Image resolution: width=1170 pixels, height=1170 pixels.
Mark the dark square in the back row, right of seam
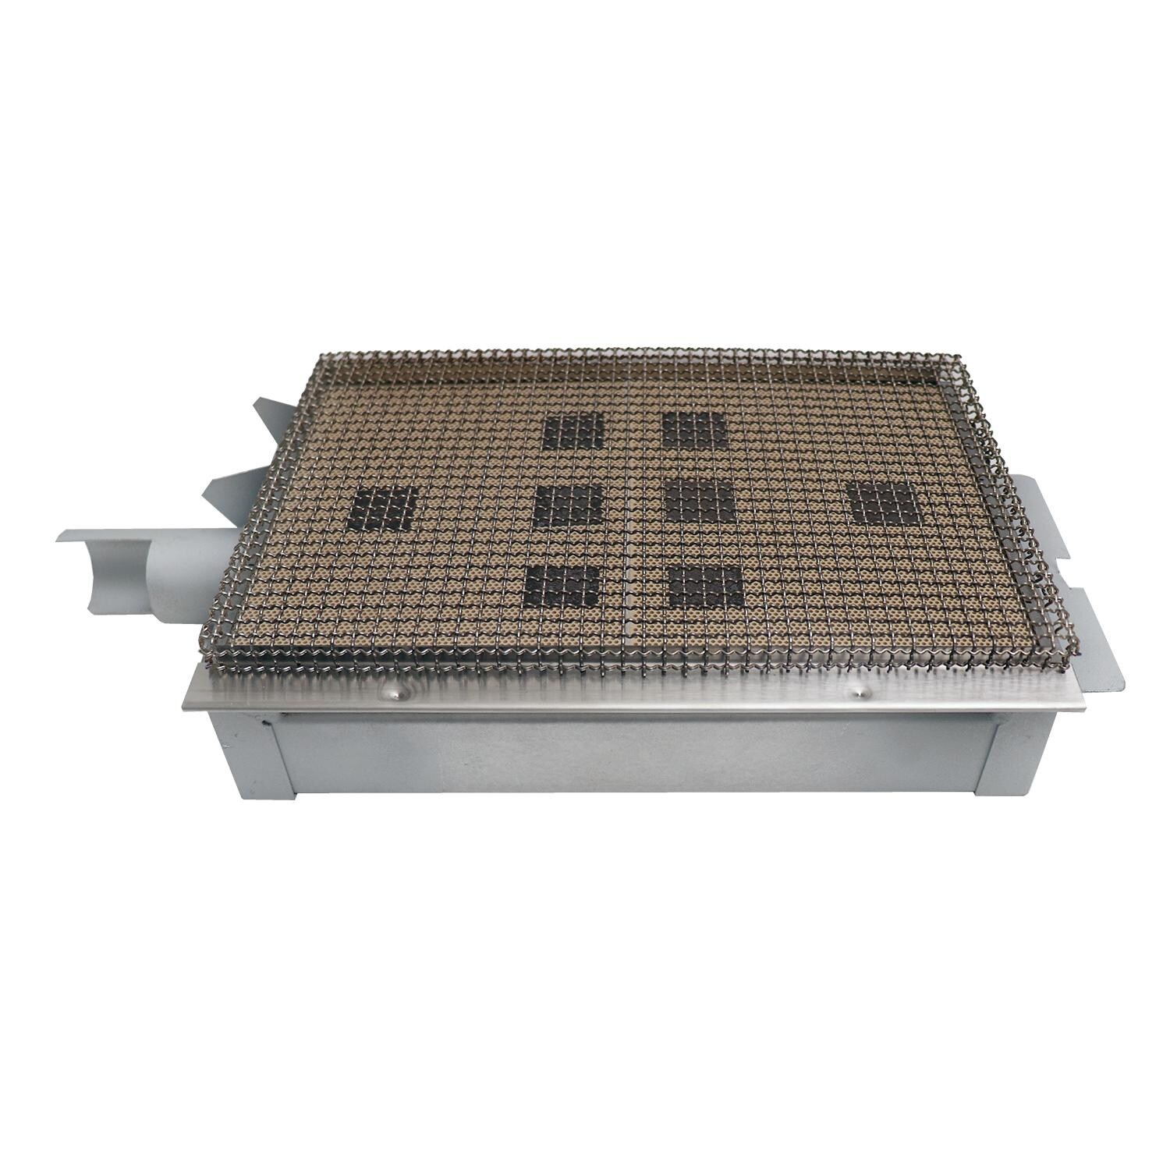693,431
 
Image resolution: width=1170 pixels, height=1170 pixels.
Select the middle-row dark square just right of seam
699,503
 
